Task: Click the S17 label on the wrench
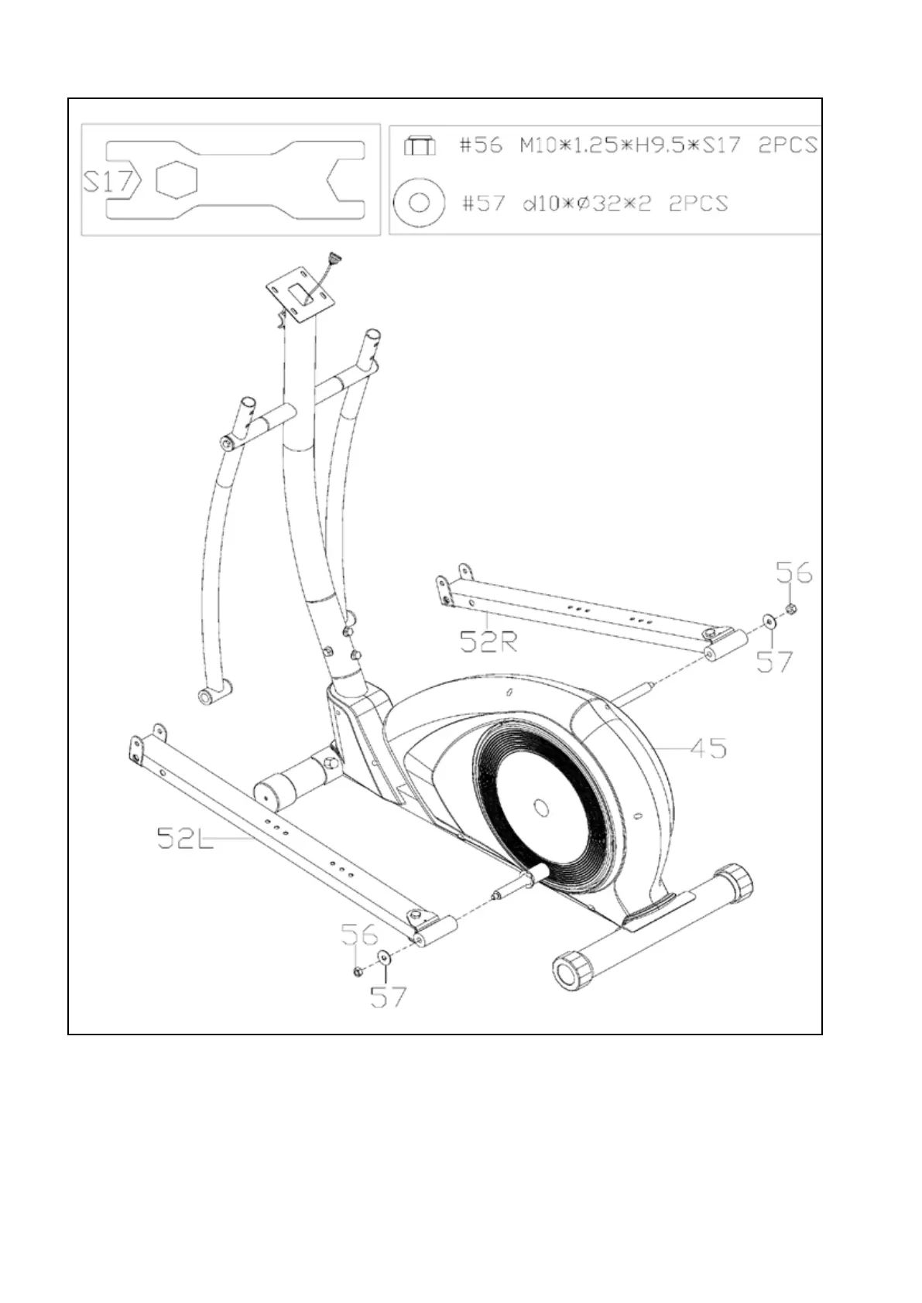tap(108, 183)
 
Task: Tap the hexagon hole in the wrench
tap(177, 181)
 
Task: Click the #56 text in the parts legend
tap(481, 145)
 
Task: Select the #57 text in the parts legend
tap(483, 203)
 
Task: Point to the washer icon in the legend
tap(419, 203)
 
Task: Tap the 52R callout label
tap(488, 641)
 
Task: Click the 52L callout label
tap(184, 837)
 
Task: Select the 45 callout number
tap(708, 747)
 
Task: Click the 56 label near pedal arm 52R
tap(794, 573)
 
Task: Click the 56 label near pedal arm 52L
tap(359, 935)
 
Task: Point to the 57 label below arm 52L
tap(388, 997)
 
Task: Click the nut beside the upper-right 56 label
tap(791, 610)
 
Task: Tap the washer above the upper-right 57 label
tap(769, 621)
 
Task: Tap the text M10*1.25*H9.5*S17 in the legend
tap(630, 145)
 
